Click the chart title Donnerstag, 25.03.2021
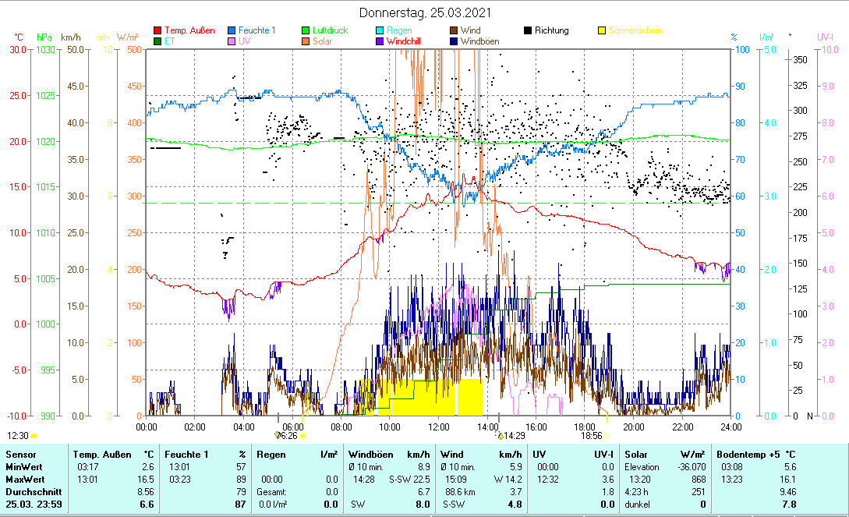click(425, 13)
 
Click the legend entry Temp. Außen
click(190, 30)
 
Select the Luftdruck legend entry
click(330, 30)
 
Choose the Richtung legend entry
click(551, 30)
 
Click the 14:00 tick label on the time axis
click(487, 427)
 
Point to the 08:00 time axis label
click(341, 427)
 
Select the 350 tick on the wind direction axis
click(799, 59)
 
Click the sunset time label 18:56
click(592, 436)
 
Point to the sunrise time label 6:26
click(288, 436)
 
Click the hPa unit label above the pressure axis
click(44, 37)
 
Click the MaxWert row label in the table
click(23, 479)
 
